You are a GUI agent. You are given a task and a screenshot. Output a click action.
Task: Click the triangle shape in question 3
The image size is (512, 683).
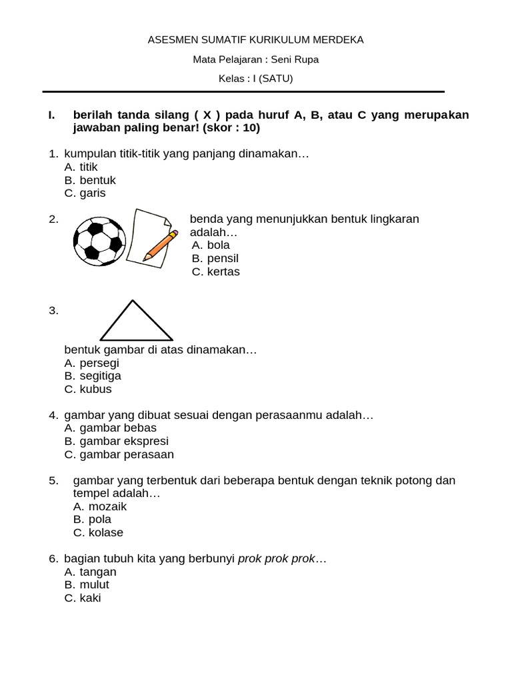pyautogui.click(x=136, y=321)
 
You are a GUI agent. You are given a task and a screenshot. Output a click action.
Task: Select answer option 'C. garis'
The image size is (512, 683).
pyautogui.click(x=85, y=193)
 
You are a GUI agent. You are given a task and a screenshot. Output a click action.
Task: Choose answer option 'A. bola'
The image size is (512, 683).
pyautogui.click(x=211, y=245)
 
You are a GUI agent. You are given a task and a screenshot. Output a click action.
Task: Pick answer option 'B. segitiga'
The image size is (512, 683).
pyautogui.click(x=93, y=376)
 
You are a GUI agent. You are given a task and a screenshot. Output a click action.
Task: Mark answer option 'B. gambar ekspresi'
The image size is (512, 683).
pyautogui.click(x=117, y=442)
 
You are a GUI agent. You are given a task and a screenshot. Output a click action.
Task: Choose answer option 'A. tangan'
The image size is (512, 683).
pyautogui.click(x=90, y=572)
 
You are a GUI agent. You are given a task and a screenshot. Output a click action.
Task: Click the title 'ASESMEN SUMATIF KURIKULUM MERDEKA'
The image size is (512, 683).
pyautogui.click(x=256, y=40)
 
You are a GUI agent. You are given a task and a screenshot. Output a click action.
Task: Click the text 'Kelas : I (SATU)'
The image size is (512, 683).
pyautogui.click(x=256, y=79)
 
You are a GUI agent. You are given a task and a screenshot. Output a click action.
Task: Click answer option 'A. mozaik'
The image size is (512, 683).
pyautogui.click(x=99, y=507)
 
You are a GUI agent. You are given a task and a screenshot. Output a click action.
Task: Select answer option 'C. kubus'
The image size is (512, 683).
pyautogui.click(x=88, y=390)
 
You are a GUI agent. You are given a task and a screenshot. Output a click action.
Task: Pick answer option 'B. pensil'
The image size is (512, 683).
pyautogui.click(x=215, y=258)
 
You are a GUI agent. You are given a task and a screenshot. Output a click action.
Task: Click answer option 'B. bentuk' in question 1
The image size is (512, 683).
pyautogui.click(x=90, y=181)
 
